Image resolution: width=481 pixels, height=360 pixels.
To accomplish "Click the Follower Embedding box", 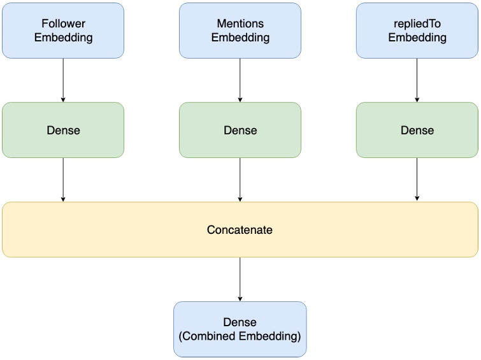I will pyautogui.click(x=63, y=31).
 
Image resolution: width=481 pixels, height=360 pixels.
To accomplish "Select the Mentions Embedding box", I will pyautogui.click(x=240, y=31).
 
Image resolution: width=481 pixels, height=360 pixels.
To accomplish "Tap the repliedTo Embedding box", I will pyautogui.click(x=417, y=31).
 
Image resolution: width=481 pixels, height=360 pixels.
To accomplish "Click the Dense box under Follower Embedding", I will pyautogui.click(x=63, y=130).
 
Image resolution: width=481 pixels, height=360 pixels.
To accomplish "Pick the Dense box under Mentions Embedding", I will pyautogui.click(x=240, y=130).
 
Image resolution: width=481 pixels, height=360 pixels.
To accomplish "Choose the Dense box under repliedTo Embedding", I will pyautogui.click(x=417, y=130).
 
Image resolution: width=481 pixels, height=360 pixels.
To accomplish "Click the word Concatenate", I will pyautogui.click(x=240, y=230).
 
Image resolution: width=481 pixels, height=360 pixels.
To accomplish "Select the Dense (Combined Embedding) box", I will pyautogui.click(x=240, y=329).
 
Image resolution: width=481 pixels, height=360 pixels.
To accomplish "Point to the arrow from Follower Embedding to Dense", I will pyautogui.click(x=63, y=80).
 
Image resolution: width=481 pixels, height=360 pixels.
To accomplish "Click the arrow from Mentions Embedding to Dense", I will pyautogui.click(x=240, y=80).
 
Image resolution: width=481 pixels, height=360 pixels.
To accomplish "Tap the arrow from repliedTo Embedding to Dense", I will pyautogui.click(x=417, y=80).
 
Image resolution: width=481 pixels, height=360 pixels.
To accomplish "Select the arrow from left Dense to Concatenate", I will pyautogui.click(x=63, y=180).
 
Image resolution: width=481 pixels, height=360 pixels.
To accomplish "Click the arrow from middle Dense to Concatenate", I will pyautogui.click(x=240, y=180).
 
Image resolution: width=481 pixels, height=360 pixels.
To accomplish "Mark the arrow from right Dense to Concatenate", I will pyautogui.click(x=417, y=180).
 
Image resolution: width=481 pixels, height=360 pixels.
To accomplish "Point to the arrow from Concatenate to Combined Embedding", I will pyautogui.click(x=240, y=279).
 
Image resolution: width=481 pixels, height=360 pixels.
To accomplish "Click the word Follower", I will pyautogui.click(x=63, y=24).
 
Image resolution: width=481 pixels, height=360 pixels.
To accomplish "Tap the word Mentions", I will pyautogui.click(x=240, y=24).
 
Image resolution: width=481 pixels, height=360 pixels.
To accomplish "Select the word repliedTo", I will pyautogui.click(x=417, y=24).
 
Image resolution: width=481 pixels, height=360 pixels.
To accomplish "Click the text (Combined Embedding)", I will pyautogui.click(x=240, y=336).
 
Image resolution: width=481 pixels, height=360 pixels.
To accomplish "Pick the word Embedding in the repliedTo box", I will pyautogui.click(x=417, y=38).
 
